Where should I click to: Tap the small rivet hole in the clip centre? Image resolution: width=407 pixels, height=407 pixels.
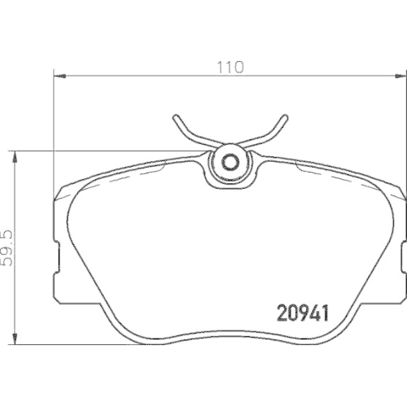(x=229, y=160)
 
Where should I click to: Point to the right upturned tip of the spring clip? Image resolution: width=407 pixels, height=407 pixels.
(x=282, y=120)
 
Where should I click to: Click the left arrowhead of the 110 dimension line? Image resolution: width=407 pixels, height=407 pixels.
(x=58, y=76)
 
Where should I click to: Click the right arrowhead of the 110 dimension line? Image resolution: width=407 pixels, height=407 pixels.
(x=401, y=76)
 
